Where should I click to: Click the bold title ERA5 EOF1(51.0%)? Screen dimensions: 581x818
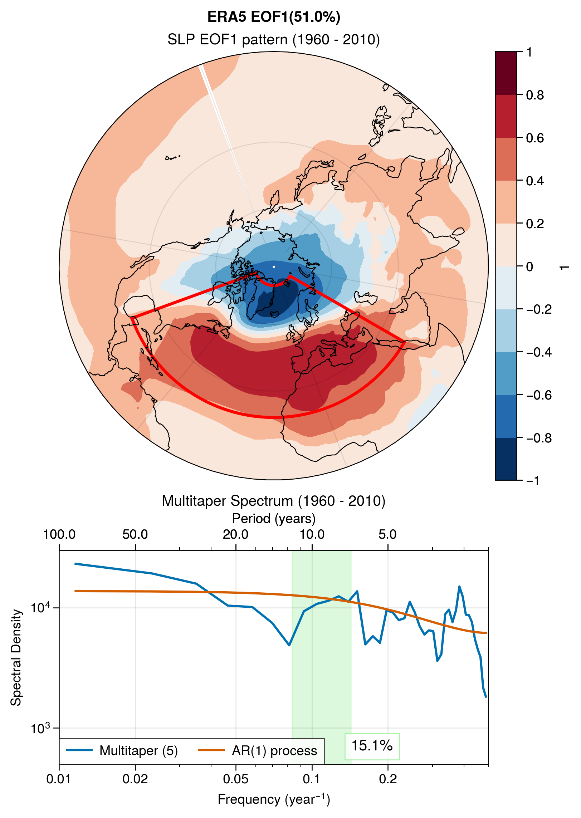274,17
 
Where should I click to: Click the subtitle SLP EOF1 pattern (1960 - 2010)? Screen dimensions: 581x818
274,39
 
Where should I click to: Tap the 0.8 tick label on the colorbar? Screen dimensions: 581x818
535,95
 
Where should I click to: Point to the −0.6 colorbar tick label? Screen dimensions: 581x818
539,395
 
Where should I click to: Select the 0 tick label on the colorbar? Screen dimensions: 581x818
529,266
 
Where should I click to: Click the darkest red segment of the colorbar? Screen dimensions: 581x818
506,73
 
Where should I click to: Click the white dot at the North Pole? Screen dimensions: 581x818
274,266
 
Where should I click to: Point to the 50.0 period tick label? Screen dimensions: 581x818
135,534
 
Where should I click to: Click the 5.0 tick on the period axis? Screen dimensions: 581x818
388,534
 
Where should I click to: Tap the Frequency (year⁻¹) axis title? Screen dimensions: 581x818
274,799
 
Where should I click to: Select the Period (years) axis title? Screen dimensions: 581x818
274,518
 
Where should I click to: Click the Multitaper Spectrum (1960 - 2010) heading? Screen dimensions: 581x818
274,501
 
